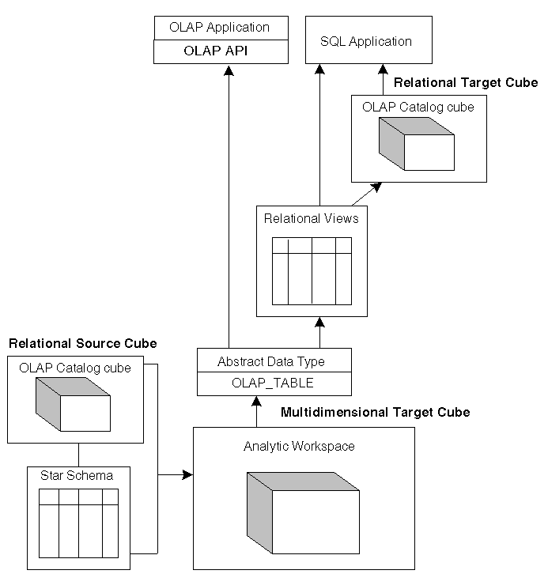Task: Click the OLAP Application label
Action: [219, 27]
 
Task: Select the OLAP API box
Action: [219, 51]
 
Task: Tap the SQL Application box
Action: [368, 41]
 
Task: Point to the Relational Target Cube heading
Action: [465, 82]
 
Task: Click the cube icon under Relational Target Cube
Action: [417, 144]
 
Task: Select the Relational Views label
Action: [311, 218]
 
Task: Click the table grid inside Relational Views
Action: [311, 270]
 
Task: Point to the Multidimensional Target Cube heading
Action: [375, 412]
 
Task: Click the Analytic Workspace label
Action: [299, 446]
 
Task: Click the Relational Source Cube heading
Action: [82, 343]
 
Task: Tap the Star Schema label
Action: [77, 475]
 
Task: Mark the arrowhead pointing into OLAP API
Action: [228, 70]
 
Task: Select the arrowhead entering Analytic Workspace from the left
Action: [187, 475]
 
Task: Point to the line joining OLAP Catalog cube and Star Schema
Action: [77, 453]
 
